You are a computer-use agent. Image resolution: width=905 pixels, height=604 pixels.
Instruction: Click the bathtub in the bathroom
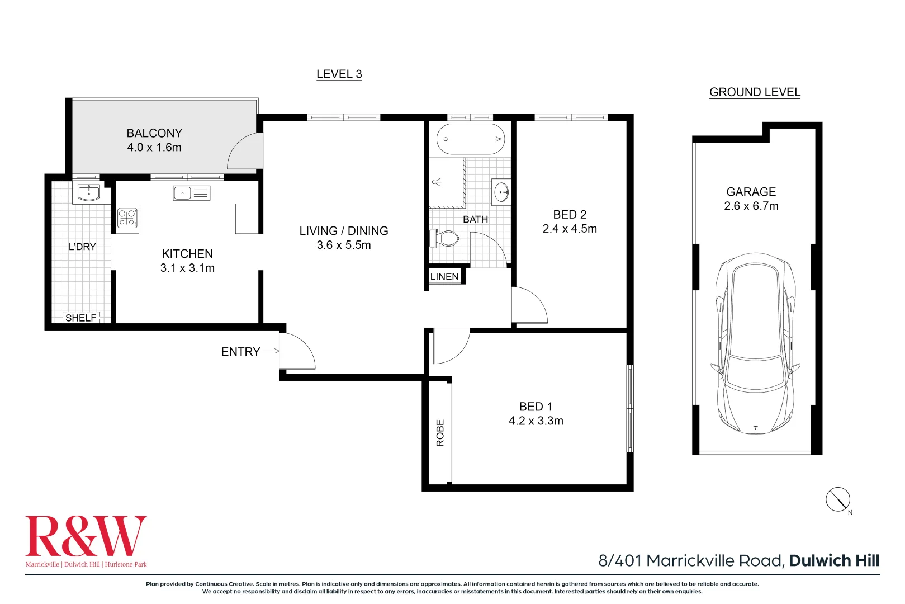pos(470,139)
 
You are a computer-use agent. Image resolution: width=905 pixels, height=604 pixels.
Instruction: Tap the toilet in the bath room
pos(444,238)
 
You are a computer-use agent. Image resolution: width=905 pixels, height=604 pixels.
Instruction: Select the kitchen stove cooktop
pos(127,218)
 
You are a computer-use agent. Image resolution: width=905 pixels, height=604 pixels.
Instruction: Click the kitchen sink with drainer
pos(192,194)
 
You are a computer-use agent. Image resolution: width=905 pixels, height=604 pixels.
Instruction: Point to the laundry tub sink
pos(88,193)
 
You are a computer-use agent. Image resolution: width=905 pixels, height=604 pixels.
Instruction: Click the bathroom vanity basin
pos(501,191)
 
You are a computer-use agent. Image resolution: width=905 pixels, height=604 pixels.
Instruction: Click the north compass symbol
pos(838,500)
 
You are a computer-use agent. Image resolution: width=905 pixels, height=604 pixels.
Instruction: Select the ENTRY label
pos(240,352)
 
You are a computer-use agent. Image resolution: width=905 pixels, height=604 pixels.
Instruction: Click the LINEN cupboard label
pos(444,276)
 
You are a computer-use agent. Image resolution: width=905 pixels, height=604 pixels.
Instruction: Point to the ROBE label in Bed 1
pos(440,433)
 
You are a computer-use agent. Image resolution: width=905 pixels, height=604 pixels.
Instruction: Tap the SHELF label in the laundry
pos(81,318)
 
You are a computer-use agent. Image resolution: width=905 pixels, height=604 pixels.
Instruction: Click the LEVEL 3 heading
pos(339,74)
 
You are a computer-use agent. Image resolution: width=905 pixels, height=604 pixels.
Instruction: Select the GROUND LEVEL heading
pos(755,92)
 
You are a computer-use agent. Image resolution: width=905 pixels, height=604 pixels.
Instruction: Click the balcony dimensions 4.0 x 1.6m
pos(154,147)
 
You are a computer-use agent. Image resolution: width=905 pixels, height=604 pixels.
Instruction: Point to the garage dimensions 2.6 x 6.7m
pos(751,206)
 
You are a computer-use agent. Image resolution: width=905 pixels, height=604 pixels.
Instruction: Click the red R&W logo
pos(86,536)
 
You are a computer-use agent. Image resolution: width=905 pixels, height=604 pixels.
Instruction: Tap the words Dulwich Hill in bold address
pos(835,560)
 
